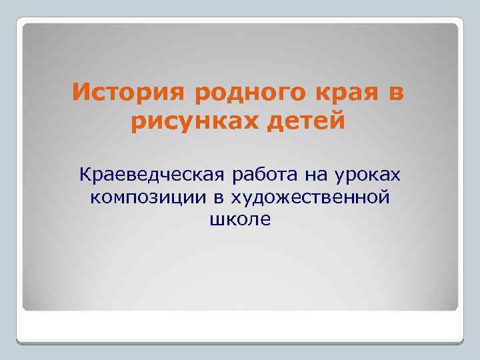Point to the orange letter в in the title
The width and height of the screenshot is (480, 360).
click(395, 93)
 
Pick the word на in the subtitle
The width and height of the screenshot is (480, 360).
click(324, 175)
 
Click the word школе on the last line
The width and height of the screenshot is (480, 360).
click(240, 219)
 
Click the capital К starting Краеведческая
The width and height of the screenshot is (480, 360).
click(84, 175)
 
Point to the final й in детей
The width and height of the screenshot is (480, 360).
click(340, 121)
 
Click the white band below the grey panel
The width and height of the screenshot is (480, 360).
click(240, 326)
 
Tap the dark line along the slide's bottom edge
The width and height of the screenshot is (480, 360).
click(240, 343)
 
